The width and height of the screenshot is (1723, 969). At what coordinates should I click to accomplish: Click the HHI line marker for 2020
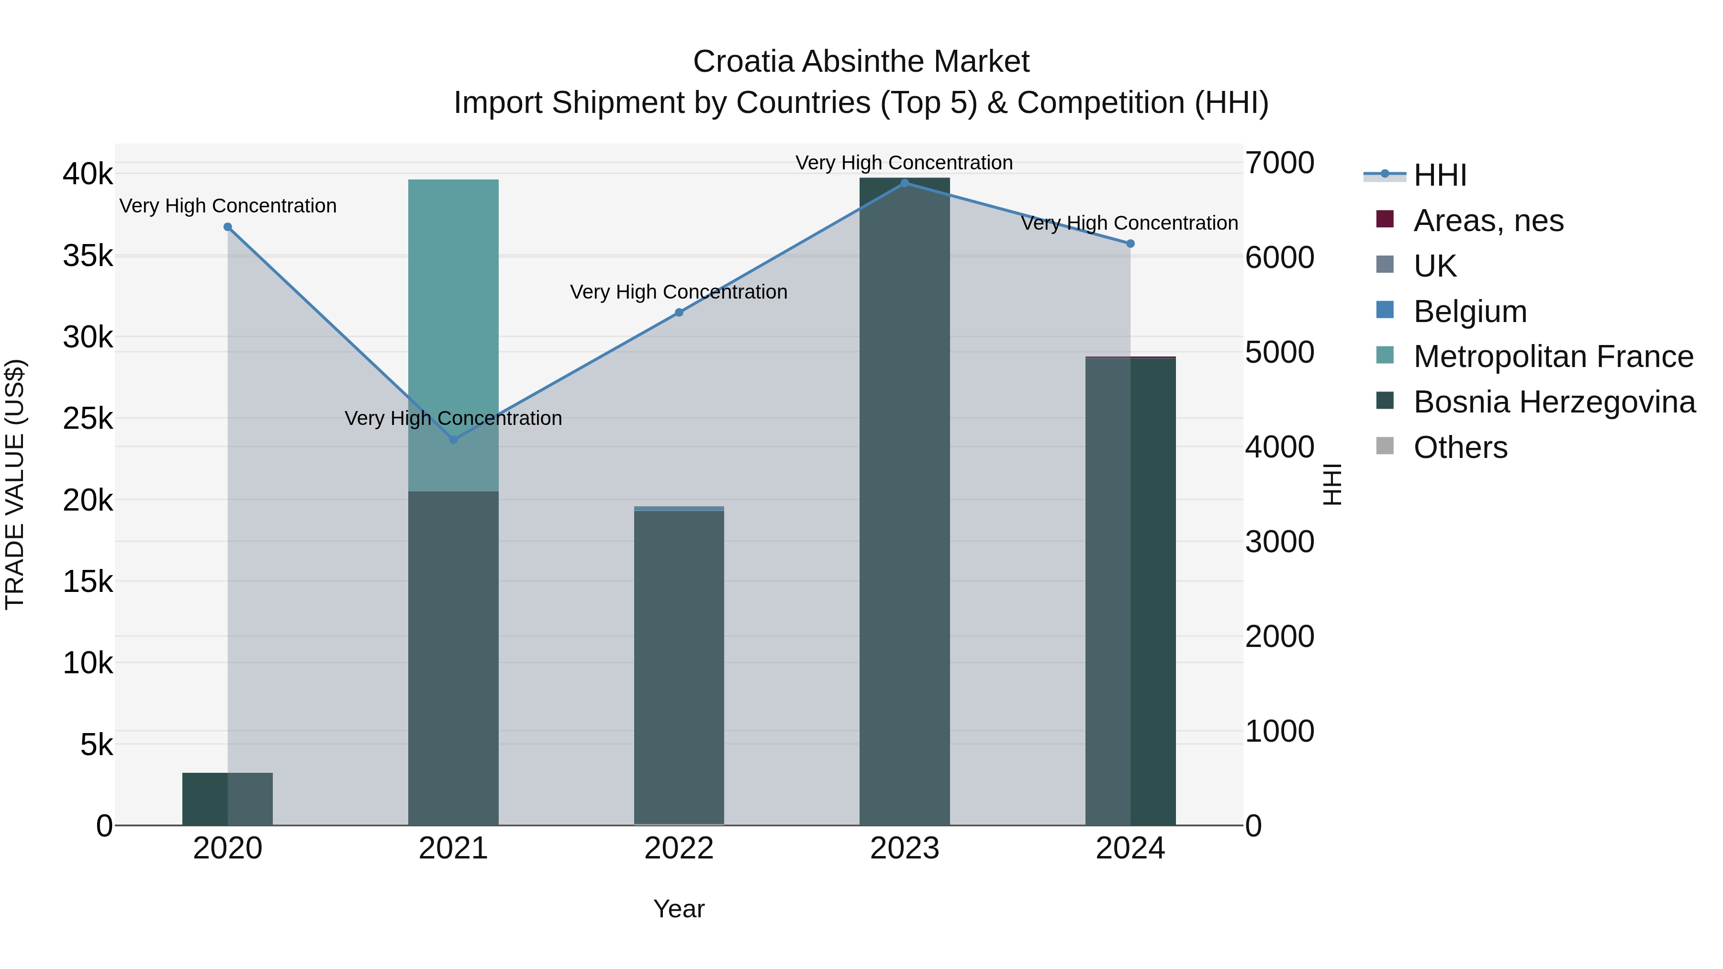click(227, 227)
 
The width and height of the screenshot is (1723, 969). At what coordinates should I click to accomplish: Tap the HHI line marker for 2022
click(679, 312)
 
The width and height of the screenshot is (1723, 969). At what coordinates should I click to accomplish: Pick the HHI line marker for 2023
click(904, 183)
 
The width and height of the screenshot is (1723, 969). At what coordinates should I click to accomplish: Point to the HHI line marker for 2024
click(1130, 244)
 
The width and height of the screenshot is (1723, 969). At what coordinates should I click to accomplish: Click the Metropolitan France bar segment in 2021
click(454, 334)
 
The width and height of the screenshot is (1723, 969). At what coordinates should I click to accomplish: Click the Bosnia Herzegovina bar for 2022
click(679, 669)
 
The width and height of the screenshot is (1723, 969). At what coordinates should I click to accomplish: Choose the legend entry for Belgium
click(1469, 312)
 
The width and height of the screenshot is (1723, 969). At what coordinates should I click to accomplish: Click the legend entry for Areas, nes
click(1488, 221)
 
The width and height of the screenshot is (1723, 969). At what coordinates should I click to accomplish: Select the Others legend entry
click(1460, 447)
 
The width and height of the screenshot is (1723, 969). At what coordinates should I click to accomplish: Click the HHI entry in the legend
click(1439, 175)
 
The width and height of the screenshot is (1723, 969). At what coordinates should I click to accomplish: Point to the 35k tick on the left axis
click(88, 256)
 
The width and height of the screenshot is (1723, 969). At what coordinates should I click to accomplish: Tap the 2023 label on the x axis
click(904, 848)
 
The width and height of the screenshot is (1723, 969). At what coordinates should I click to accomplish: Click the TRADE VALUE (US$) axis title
click(15, 484)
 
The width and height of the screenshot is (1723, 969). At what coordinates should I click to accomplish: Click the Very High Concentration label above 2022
click(679, 292)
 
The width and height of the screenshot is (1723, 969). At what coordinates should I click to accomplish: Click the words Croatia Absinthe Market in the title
click(861, 62)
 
